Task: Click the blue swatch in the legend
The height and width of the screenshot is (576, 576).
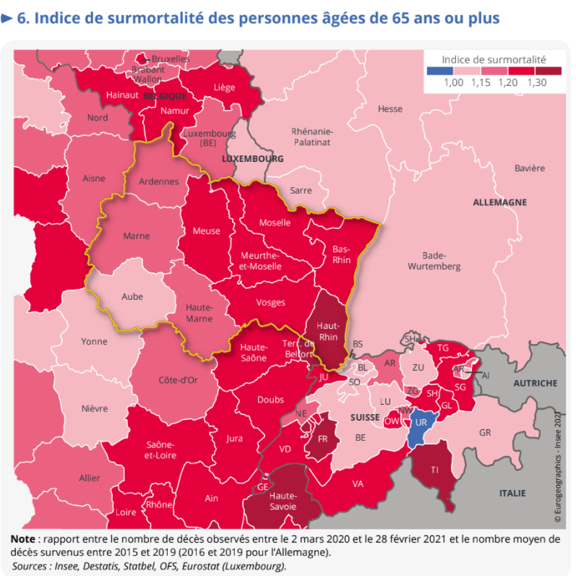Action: [440, 71]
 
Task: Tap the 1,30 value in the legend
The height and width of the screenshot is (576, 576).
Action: [537, 83]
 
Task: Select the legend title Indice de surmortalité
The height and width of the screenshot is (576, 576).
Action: [494, 59]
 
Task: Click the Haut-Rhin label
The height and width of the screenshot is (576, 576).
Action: [329, 332]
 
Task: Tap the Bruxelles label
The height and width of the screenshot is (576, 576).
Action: [170, 59]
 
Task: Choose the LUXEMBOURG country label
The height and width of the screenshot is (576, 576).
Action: [252, 158]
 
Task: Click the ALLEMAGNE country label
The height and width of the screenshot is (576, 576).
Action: [499, 202]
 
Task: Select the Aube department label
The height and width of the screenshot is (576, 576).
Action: [132, 296]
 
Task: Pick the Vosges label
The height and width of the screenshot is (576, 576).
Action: [271, 302]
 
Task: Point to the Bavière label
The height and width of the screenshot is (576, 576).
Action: [530, 168]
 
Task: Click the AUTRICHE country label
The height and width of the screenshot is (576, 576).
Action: [535, 383]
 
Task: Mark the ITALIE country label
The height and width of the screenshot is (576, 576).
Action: [512, 493]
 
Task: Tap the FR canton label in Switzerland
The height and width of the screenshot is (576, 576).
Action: [323, 439]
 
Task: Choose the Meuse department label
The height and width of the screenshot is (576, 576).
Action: [207, 231]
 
